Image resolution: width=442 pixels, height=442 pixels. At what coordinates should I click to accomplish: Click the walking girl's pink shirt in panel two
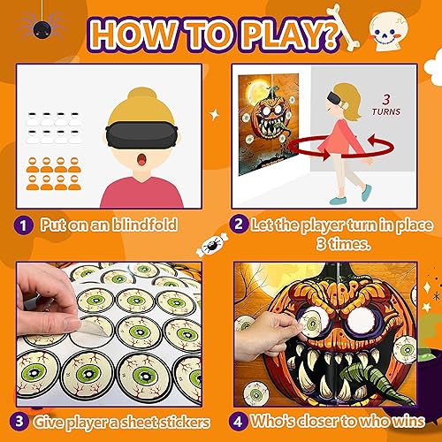click(343, 141)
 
